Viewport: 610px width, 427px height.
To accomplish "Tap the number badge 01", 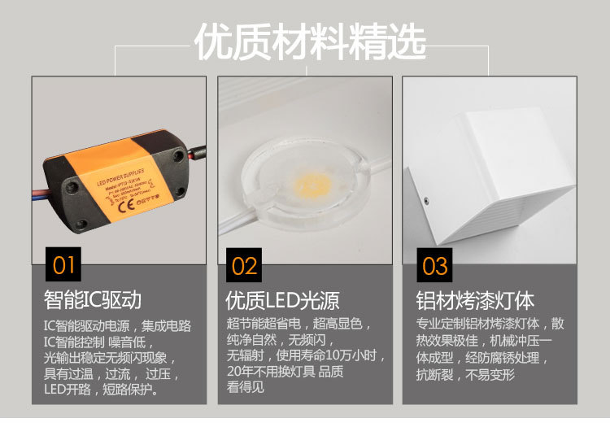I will pyautogui.click(x=63, y=264).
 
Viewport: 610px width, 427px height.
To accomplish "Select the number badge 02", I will pyautogui.click(x=245, y=265).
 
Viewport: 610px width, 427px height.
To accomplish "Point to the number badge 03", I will pyautogui.click(x=435, y=265).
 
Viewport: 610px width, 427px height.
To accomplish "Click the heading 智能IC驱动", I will pyautogui.click(x=93, y=300).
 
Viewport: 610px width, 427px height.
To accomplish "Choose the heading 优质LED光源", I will pyautogui.click(x=282, y=300).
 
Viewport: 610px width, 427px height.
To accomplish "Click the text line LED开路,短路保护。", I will pyautogui.click(x=101, y=390).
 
